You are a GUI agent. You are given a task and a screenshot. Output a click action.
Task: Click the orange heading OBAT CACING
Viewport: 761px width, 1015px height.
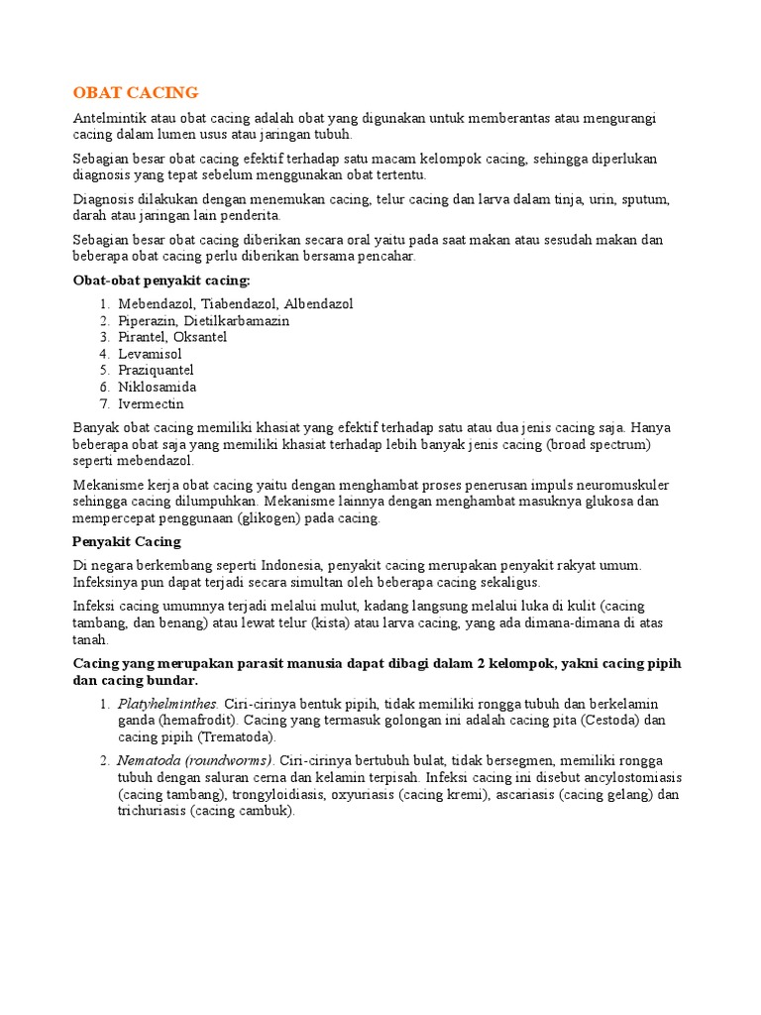coord(136,93)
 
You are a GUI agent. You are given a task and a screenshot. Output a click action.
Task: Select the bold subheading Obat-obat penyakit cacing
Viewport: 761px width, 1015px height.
coord(162,281)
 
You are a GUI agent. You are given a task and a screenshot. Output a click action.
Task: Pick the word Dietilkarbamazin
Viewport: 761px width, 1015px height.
coord(243,321)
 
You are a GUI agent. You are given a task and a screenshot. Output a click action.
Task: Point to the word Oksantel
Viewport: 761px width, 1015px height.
coord(200,337)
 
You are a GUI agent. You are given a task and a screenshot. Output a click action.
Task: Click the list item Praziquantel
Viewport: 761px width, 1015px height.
coord(156,371)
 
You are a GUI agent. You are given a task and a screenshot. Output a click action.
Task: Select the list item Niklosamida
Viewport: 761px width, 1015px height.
coord(157,387)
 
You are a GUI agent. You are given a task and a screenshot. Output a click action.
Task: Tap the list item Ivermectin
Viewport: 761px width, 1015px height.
coord(151,403)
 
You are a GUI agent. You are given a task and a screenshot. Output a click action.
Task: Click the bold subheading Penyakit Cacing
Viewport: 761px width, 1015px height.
coord(127,541)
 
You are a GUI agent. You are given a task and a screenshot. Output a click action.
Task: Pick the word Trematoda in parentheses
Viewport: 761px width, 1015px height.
coord(238,737)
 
